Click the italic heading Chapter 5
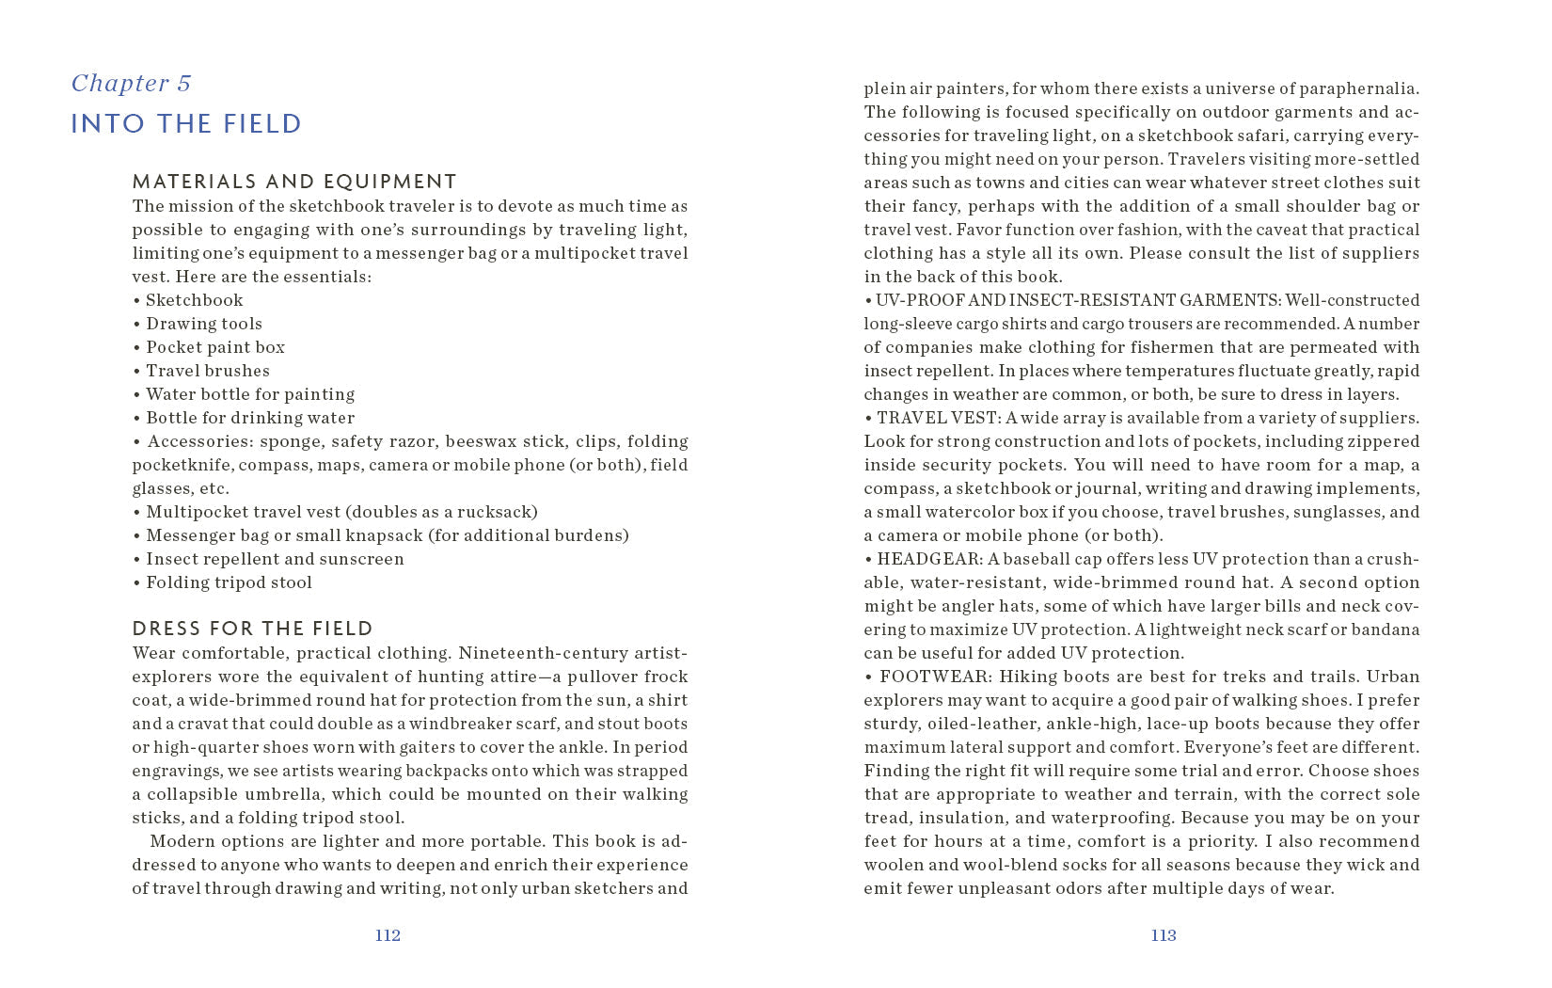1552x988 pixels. coord(131,84)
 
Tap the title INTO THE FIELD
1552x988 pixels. coord(186,124)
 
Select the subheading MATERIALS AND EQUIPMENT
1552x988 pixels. coord(294,182)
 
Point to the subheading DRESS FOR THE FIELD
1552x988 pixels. coord(252,629)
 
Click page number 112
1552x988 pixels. coord(388,935)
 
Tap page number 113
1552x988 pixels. coord(1164,935)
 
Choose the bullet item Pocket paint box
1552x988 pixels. coord(214,347)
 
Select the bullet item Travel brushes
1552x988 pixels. coord(207,371)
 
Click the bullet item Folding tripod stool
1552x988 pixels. coord(229,582)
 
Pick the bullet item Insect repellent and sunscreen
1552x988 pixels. coord(275,559)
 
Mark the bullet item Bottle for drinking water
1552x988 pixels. coord(249,418)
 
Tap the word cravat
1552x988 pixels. coord(195,724)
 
